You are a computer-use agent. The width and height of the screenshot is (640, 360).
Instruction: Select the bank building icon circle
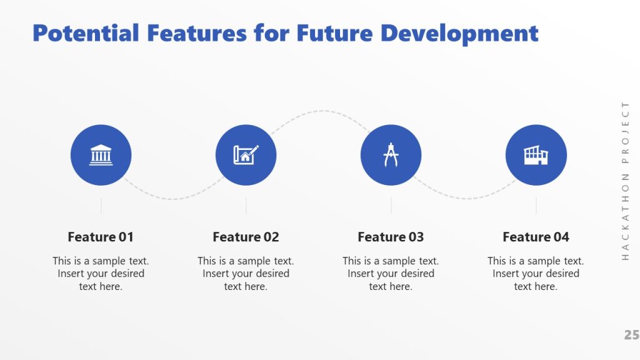pos(101,155)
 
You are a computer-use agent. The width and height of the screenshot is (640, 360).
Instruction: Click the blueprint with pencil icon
pos(246,154)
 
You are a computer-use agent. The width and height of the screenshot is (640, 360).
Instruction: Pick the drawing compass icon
pos(391,155)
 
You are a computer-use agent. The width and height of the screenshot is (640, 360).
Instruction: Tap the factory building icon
pos(536,155)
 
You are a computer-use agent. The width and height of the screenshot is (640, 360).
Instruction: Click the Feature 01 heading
pos(101,237)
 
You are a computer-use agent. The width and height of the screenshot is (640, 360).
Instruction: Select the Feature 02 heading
pos(246,237)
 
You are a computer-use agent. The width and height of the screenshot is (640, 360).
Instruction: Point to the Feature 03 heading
pos(391,237)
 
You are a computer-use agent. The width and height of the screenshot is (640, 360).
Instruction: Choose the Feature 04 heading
pos(536,237)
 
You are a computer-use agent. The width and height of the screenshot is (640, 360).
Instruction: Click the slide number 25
pos(631,336)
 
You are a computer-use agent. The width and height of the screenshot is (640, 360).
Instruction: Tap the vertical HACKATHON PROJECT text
pos(626,180)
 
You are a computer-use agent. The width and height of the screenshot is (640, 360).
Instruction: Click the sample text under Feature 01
pos(101,274)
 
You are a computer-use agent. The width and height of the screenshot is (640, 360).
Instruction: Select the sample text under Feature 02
pos(246,274)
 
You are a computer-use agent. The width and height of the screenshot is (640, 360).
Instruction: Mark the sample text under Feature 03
pos(391,274)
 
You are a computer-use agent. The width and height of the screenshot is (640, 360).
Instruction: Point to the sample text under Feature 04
pos(536,274)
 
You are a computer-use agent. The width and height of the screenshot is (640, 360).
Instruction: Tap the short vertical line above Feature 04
pos(536,206)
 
